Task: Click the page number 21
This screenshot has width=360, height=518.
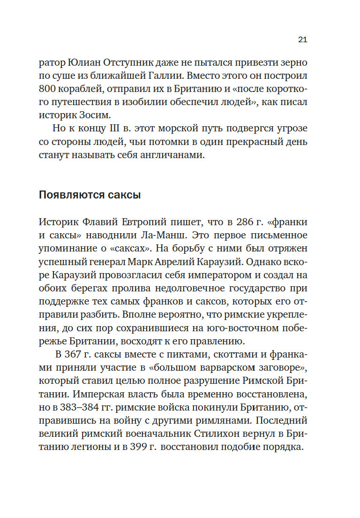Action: (x=302, y=39)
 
